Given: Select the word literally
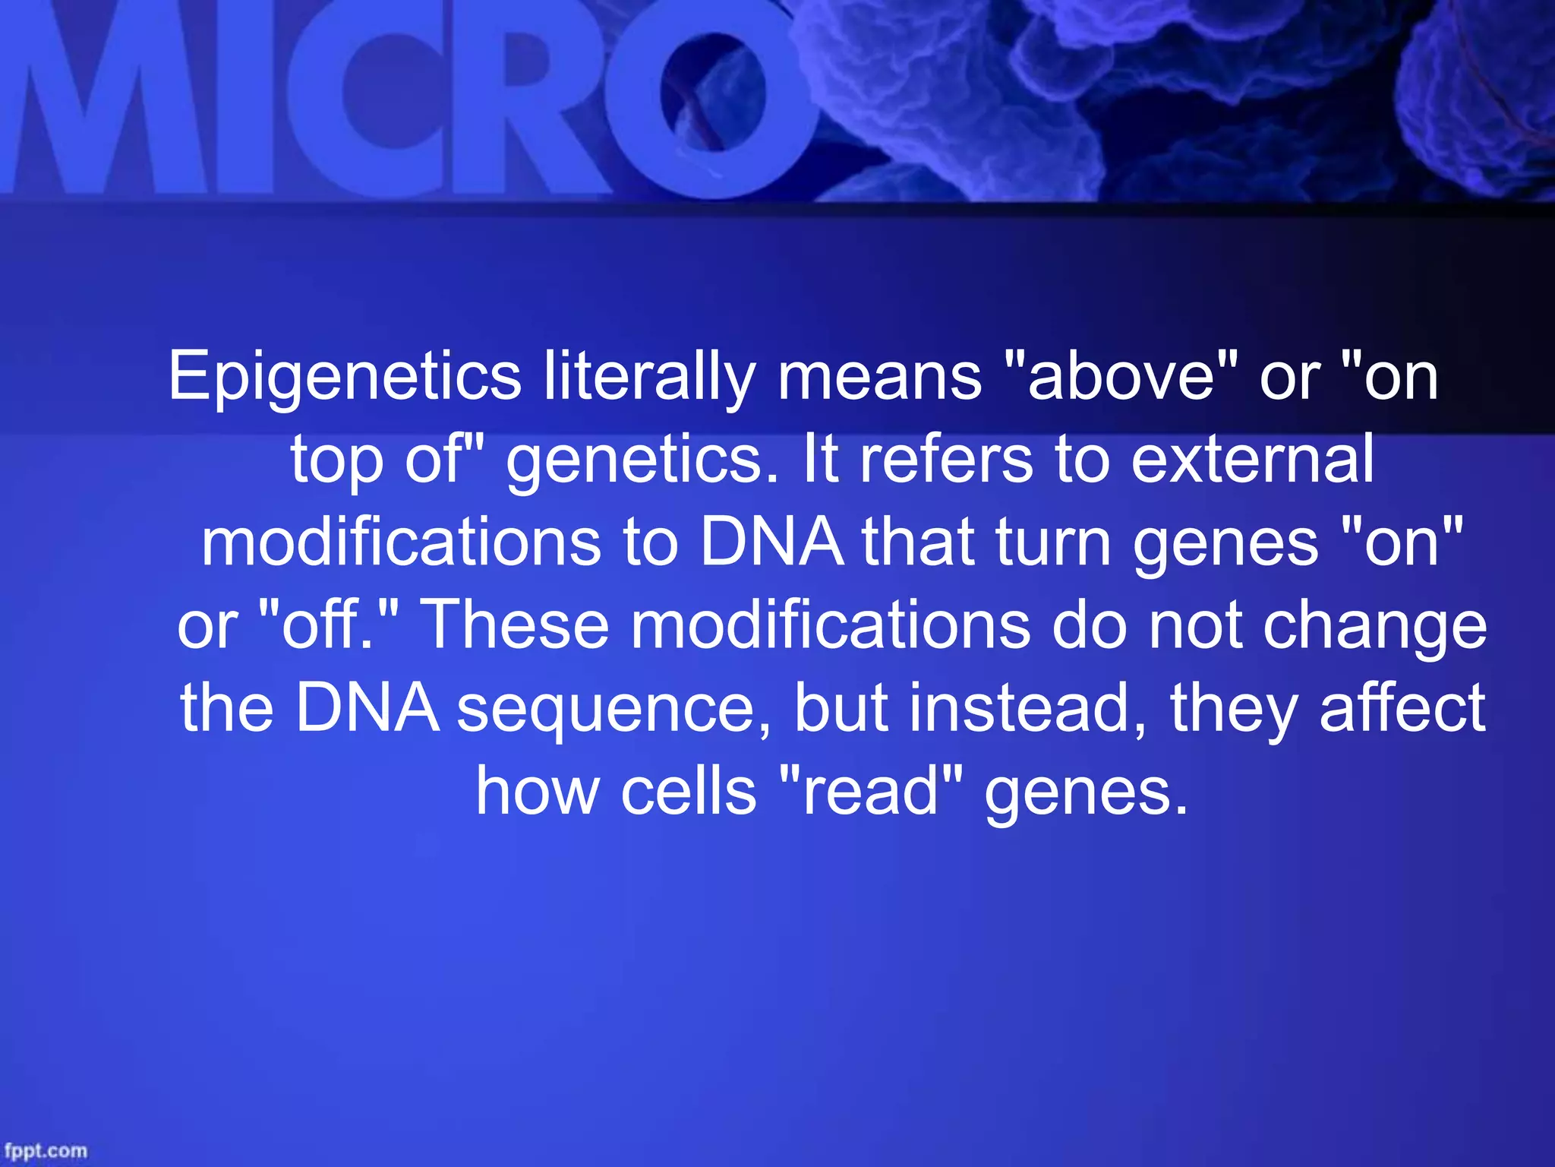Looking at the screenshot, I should coord(649,378).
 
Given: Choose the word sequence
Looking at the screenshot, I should coord(614,708).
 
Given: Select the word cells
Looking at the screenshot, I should coord(689,791).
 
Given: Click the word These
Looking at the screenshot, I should coord(514,625).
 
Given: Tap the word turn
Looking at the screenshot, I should coord(1053,542).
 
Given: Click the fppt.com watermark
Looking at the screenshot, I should coord(46,1151).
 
